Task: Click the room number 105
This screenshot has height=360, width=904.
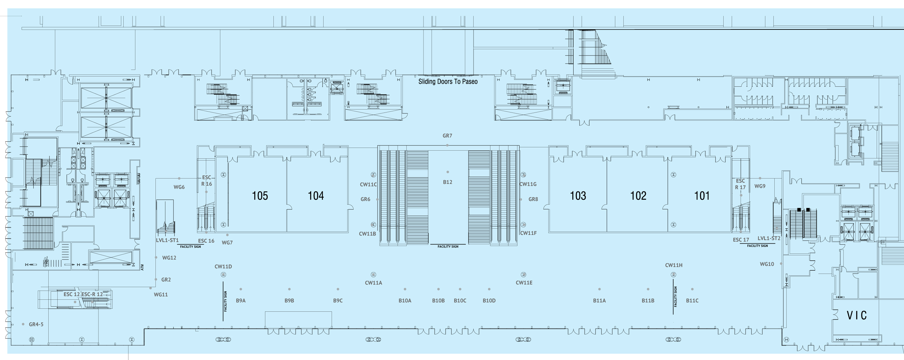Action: click(260, 196)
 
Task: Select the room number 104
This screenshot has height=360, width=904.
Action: click(316, 196)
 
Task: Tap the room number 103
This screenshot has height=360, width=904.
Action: click(578, 196)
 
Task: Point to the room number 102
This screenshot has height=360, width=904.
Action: click(638, 196)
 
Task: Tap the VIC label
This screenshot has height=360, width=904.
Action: click(857, 315)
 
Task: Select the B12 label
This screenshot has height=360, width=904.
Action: click(447, 182)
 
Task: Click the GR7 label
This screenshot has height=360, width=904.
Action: click(447, 136)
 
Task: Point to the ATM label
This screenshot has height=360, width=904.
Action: click(143, 267)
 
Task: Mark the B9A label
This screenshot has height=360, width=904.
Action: click(241, 301)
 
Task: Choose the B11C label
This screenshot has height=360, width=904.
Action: click(692, 301)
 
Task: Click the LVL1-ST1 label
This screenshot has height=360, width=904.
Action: click(167, 240)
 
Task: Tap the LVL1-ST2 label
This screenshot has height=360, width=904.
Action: click(769, 238)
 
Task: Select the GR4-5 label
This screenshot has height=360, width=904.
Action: click(36, 325)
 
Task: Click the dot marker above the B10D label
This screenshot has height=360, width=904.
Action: click(489, 289)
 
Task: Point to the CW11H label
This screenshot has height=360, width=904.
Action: click(674, 265)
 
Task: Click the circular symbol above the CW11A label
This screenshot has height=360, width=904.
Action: click(373, 275)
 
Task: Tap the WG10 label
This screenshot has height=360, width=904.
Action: click(767, 264)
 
